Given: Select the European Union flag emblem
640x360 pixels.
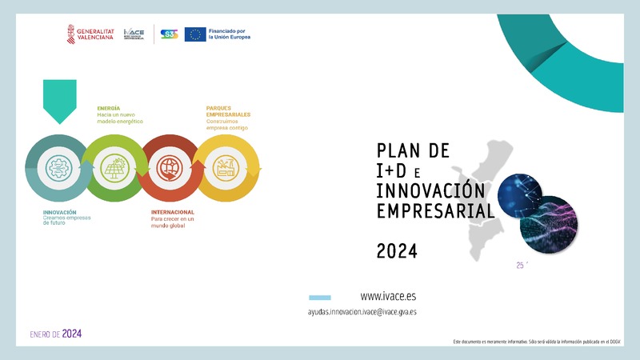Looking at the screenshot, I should (194, 34).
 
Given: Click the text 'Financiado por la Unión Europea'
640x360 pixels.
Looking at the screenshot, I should (229, 34).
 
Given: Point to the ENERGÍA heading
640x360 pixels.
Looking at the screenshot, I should (109, 107).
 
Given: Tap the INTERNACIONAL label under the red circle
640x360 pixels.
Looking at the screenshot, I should (173, 212).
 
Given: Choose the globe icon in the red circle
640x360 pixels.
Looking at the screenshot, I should (170, 168).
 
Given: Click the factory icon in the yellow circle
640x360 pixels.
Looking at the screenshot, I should (227, 168).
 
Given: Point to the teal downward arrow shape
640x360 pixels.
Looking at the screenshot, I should (59, 101).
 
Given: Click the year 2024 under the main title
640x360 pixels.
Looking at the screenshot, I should (397, 251).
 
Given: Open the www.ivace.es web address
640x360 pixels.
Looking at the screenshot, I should (388, 296).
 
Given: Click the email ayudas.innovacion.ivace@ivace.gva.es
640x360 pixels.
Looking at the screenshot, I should (362, 312).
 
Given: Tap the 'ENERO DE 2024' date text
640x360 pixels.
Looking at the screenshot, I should (55, 334).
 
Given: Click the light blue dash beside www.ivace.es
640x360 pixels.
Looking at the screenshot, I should (319, 297).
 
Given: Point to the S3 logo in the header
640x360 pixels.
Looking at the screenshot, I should (169, 34).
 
